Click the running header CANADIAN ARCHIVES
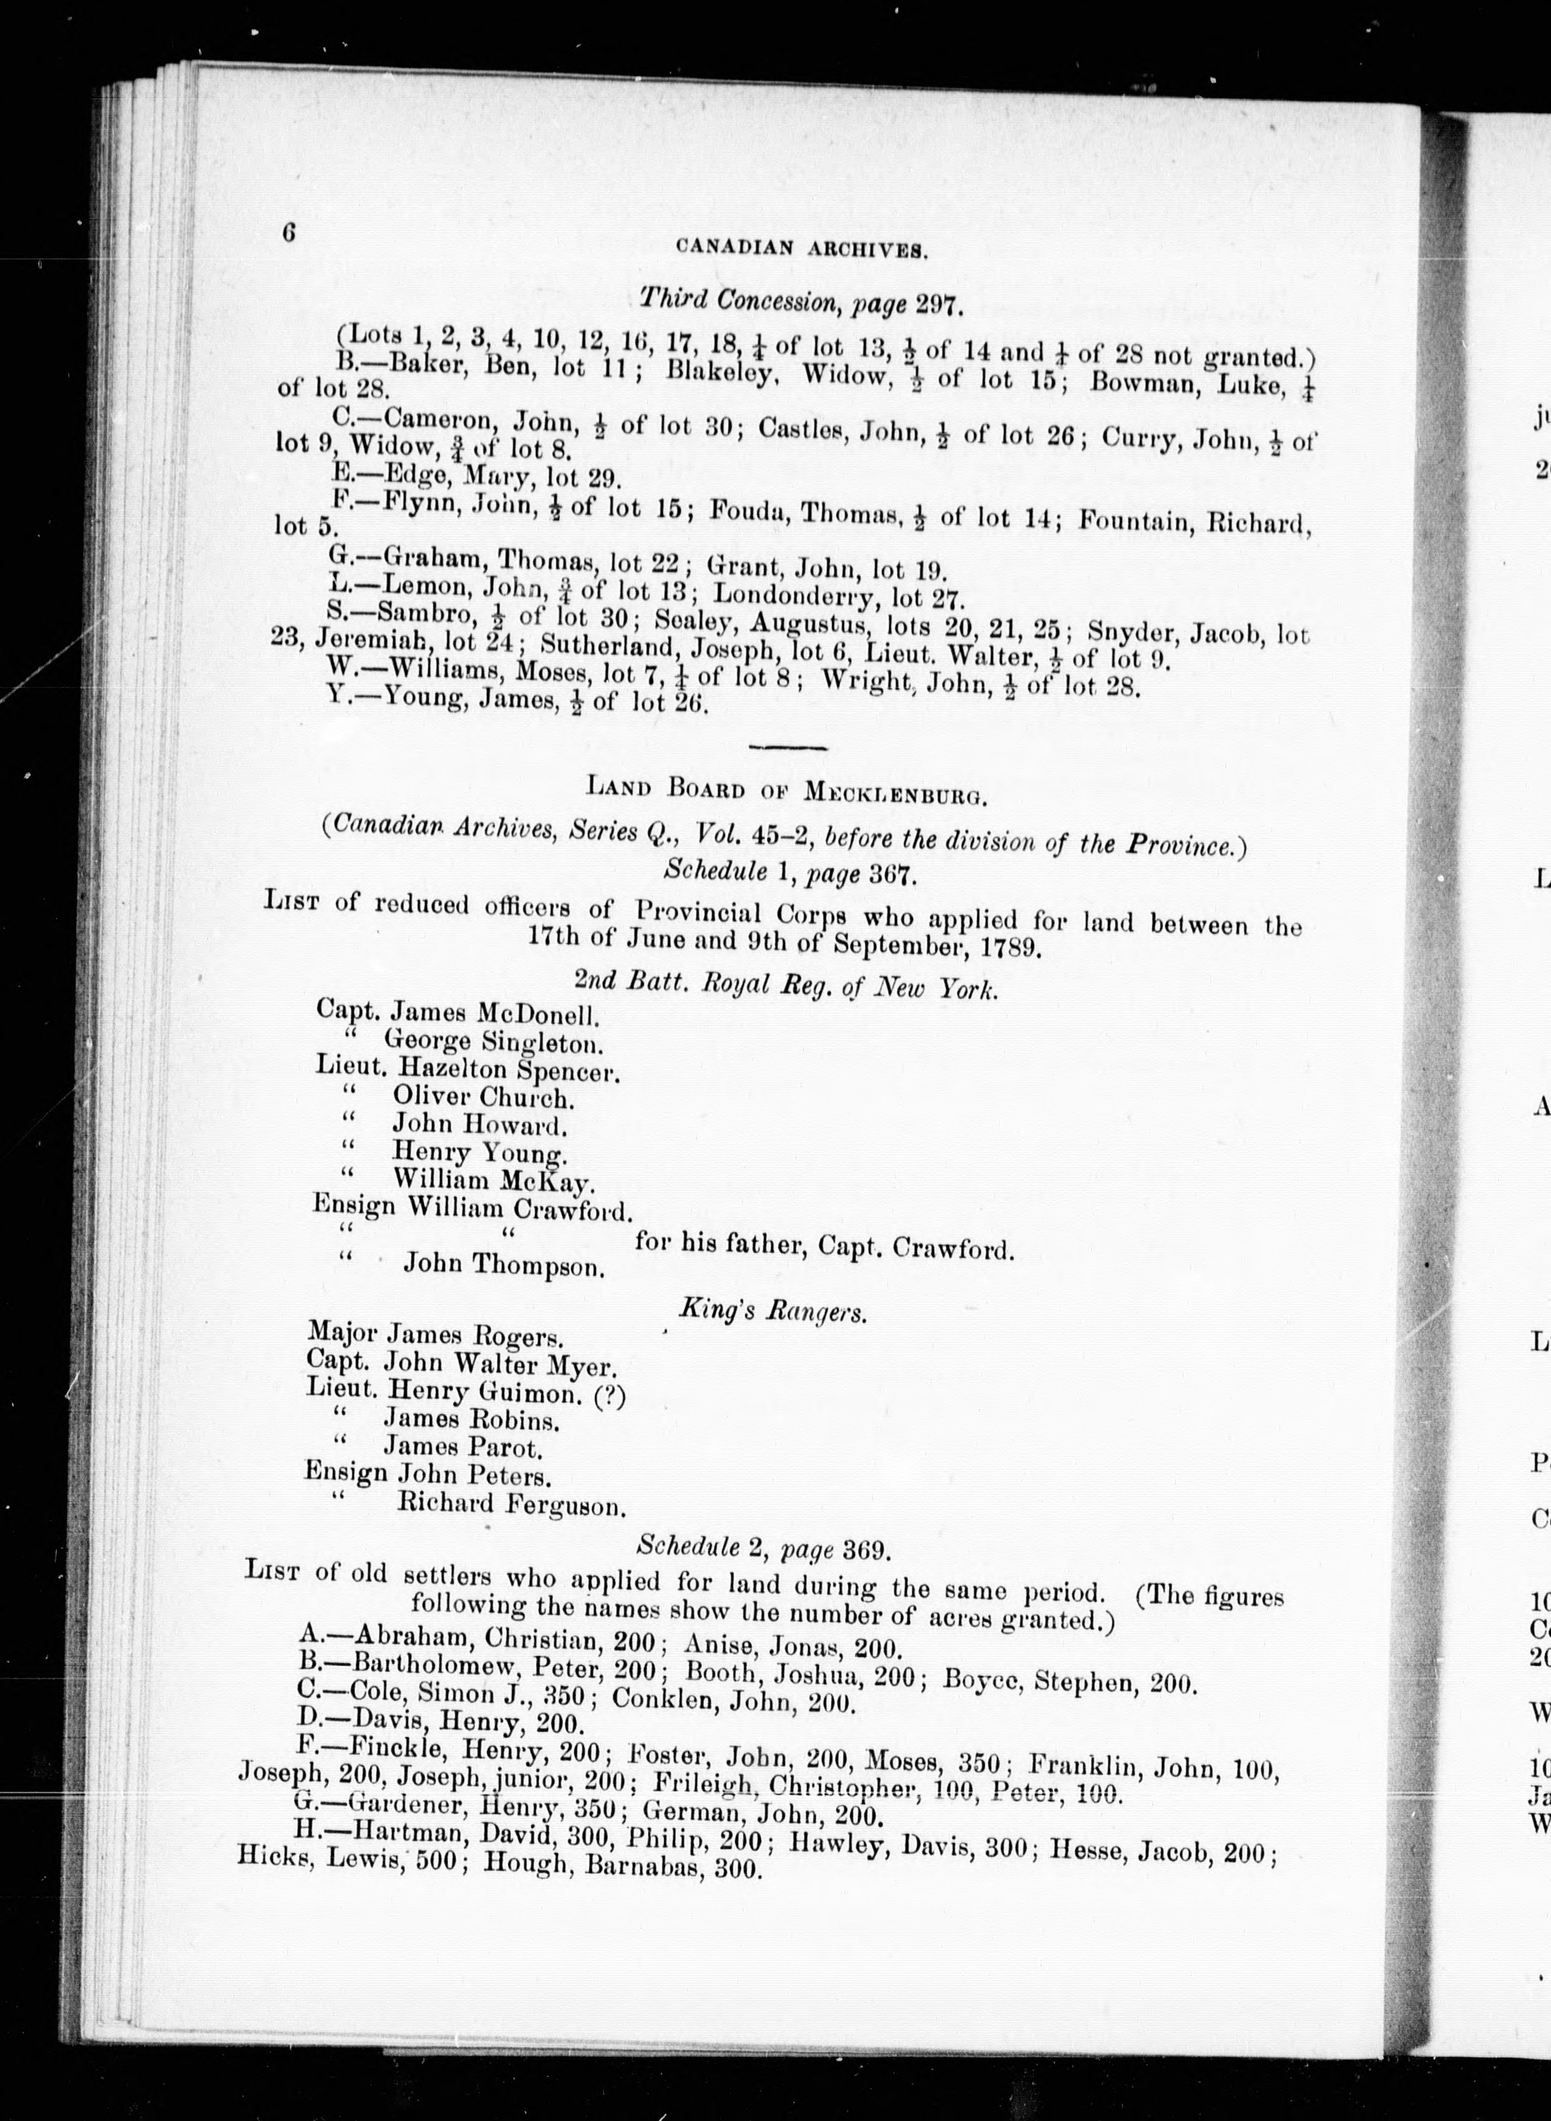coord(802,249)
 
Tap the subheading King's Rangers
coord(772,1311)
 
